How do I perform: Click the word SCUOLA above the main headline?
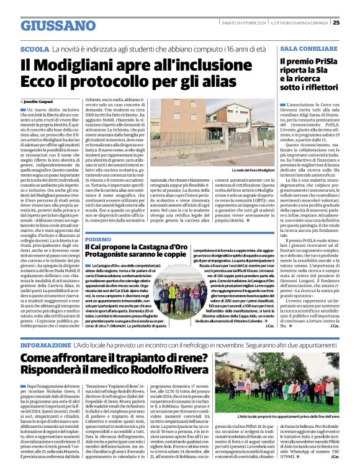coord(35,48)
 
